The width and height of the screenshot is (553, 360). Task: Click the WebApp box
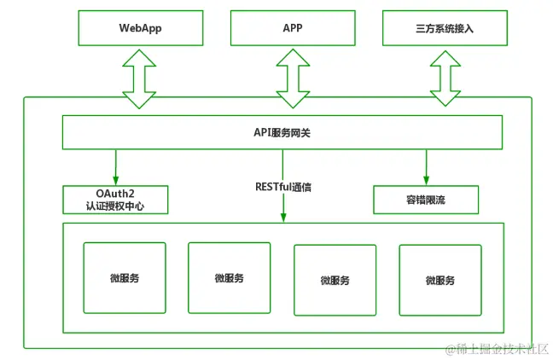(x=140, y=28)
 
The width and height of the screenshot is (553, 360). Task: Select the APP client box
(x=292, y=28)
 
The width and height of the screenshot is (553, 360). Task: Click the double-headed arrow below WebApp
(x=140, y=78)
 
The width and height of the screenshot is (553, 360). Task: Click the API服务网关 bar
(x=282, y=133)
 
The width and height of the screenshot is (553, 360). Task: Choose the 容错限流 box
(x=425, y=199)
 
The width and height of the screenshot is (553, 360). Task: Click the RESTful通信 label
(x=283, y=186)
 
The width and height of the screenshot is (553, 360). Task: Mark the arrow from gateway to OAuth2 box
(x=115, y=165)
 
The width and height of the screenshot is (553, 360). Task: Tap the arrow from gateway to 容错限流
(x=425, y=165)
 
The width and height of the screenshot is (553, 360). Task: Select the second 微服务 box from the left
(x=229, y=277)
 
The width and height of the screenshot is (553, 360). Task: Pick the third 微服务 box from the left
(x=335, y=280)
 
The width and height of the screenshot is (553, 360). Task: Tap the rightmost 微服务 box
(x=439, y=280)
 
